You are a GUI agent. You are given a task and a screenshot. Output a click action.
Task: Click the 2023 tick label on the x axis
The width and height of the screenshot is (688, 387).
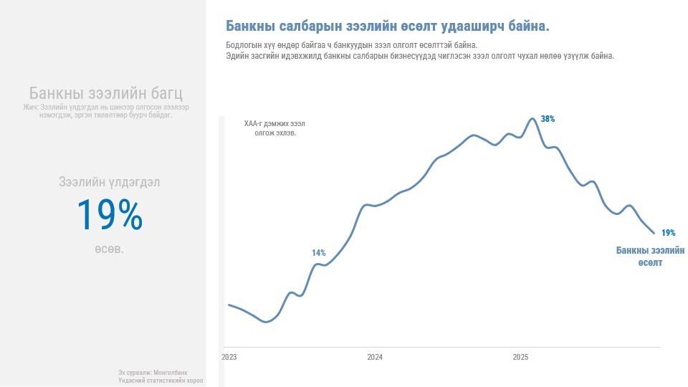click(229, 357)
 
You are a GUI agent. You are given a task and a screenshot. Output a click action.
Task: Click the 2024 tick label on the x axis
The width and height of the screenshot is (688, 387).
click(375, 357)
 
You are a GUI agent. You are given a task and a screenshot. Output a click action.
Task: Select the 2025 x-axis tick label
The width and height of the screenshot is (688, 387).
click(520, 357)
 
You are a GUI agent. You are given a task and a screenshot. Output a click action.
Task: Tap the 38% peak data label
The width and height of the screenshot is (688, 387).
click(548, 119)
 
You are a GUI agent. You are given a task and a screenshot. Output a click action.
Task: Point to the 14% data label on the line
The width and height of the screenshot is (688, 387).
click(318, 253)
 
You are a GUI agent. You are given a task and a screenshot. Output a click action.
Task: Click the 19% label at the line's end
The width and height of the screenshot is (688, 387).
click(668, 233)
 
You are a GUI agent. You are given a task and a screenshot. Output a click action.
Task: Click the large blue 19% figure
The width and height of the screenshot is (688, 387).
click(110, 214)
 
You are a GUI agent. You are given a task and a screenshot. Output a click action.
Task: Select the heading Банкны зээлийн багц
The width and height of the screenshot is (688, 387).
click(106, 93)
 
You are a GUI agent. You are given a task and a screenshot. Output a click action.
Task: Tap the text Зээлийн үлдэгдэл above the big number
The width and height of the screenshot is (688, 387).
click(110, 182)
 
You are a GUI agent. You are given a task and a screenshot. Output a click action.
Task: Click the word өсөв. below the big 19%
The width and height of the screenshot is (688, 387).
click(109, 249)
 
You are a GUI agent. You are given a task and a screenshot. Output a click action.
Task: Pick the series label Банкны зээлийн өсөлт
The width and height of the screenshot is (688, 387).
click(651, 257)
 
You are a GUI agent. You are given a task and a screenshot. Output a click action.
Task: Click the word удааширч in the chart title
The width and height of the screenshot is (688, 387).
click(467, 27)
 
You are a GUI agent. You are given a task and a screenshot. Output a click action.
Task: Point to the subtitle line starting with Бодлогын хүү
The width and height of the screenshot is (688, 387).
click(351, 45)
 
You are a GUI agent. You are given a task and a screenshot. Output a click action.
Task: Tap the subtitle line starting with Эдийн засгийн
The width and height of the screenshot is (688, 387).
click(420, 56)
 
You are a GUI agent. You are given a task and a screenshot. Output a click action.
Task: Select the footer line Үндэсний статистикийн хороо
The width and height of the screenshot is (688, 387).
click(161, 381)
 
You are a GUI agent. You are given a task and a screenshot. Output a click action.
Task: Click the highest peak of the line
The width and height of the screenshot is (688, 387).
click(532, 118)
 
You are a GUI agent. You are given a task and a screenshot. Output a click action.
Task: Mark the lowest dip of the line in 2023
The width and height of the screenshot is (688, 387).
click(267, 322)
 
